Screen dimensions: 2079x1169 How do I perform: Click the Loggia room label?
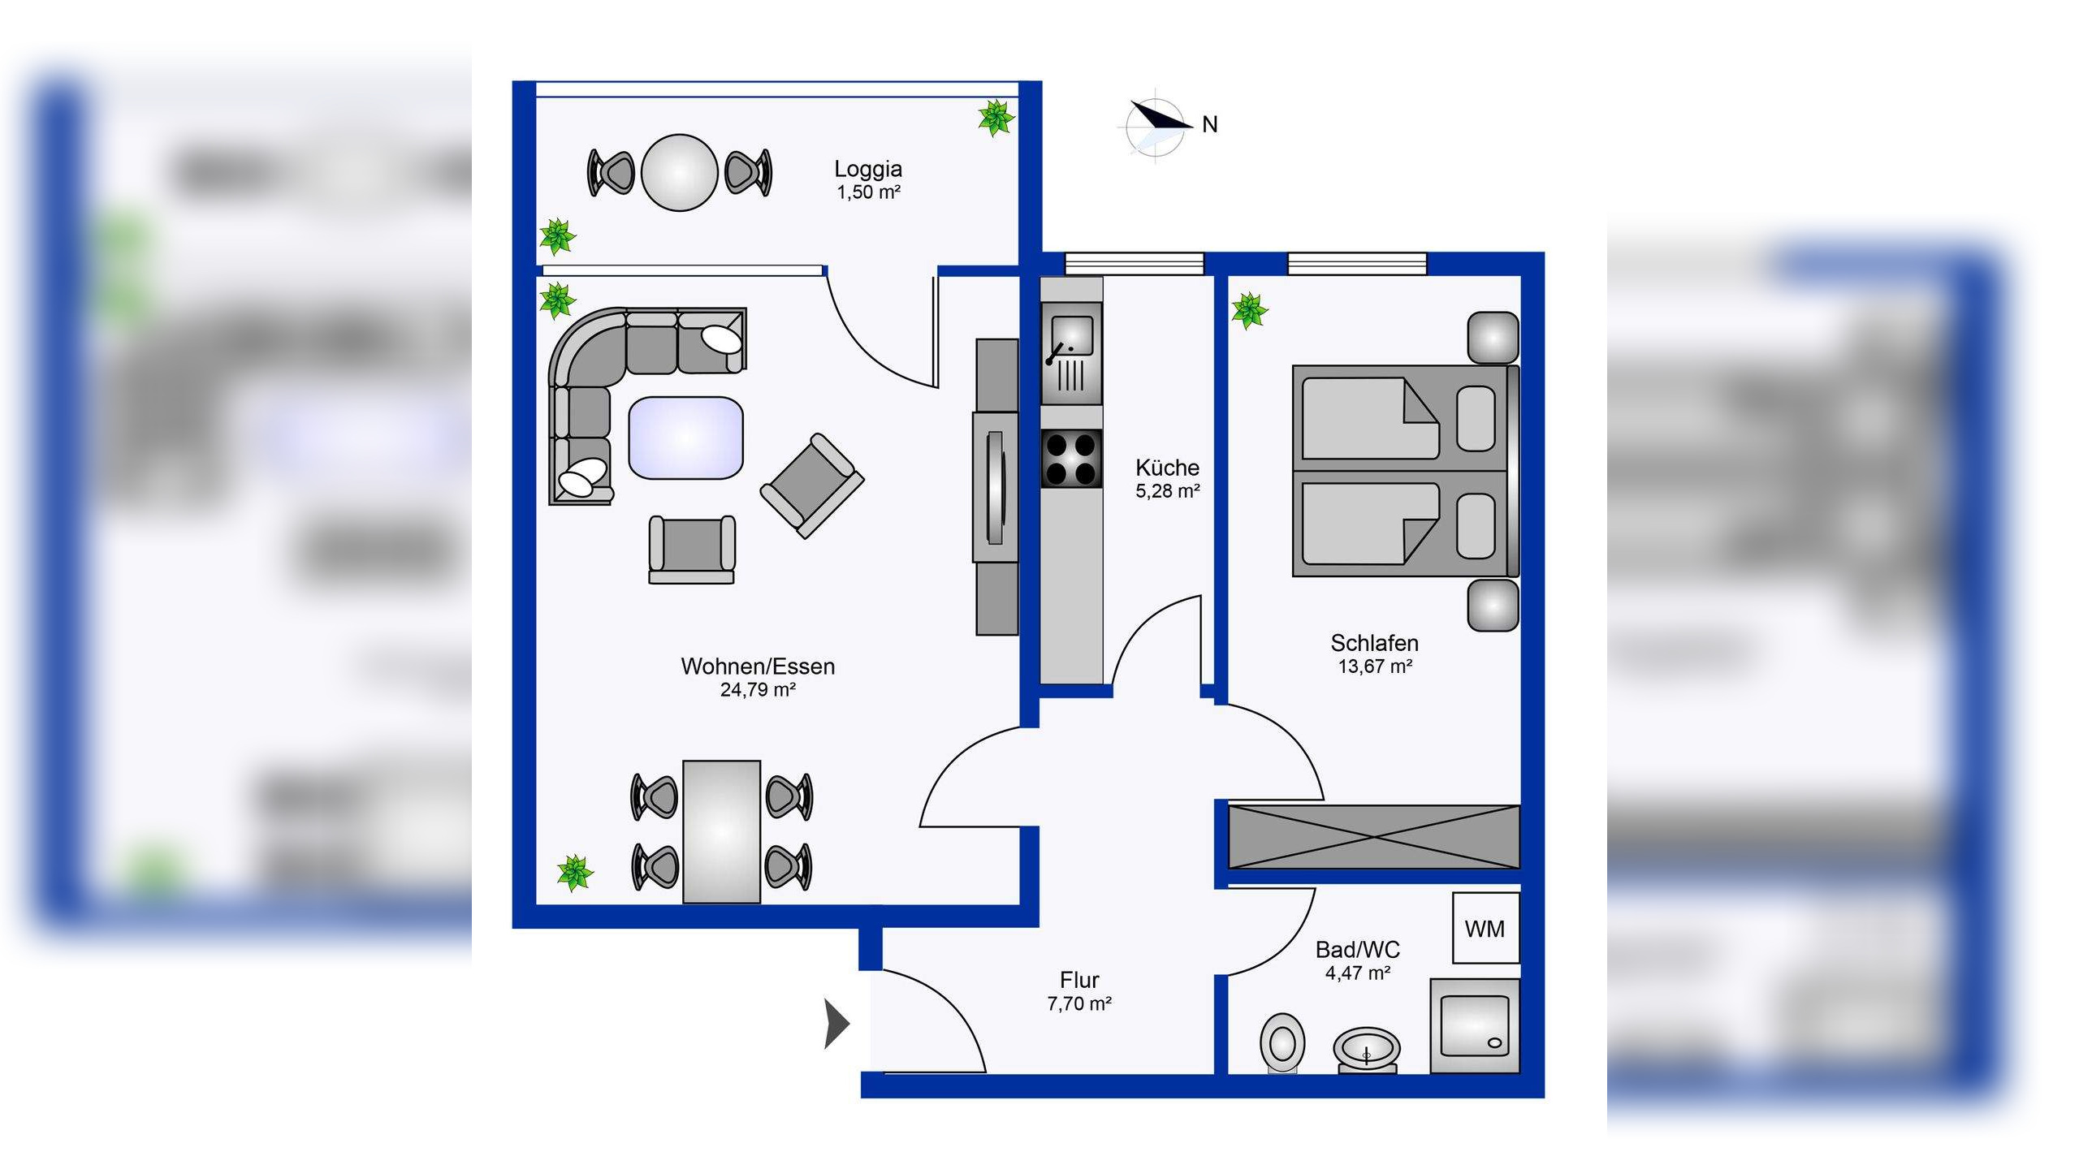click(x=867, y=169)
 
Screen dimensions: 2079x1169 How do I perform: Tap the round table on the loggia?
click(x=680, y=173)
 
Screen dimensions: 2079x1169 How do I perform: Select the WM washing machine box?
click(x=1485, y=928)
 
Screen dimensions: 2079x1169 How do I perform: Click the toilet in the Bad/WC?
click(x=1282, y=1042)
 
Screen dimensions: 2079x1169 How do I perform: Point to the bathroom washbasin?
click(x=1367, y=1050)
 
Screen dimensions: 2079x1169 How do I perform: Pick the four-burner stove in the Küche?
click(x=1072, y=459)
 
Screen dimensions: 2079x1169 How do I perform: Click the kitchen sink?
click(x=1072, y=353)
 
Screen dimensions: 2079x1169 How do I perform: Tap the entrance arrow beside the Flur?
click(x=837, y=1024)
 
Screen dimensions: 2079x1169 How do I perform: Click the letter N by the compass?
click(x=1210, y=124)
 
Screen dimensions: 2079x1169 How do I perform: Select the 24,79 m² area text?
click(x=758, y=690)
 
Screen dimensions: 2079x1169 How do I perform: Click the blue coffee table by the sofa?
click(x=685, y=438)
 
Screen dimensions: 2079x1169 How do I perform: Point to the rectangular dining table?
click(x=721, y=832)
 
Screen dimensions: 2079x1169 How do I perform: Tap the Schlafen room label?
click(x=1374, y=643)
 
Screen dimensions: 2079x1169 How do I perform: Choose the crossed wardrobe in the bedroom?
click(x=1374, y=836)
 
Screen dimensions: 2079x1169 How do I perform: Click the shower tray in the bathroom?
click(x=1475, y=1026)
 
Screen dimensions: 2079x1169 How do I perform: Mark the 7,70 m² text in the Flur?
click(x=1079, y=1004)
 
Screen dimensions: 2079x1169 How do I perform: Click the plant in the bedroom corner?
click(x=1249, y=311)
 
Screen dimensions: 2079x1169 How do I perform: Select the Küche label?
click(x=1167, y=468)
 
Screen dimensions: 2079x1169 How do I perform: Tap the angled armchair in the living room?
click(x=812, y=485)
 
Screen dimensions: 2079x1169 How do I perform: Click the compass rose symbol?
click(x=1156, y=127)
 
